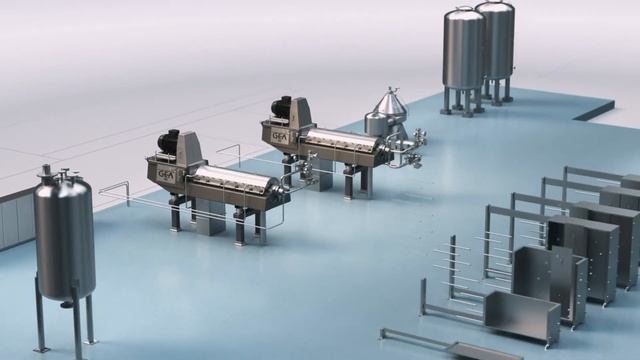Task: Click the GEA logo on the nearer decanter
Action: pos(165,174)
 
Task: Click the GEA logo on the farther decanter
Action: pos(277,129)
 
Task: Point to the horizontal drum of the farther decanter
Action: pos(340,144)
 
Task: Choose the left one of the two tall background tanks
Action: pos(463,50)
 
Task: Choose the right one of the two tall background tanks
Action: pos(495,40)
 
